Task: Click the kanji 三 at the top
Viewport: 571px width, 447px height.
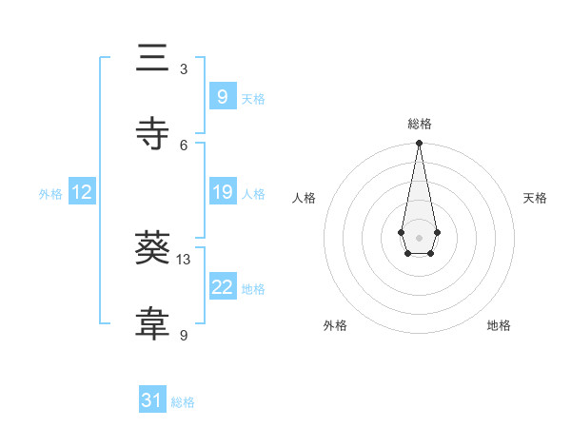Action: pos(153,60)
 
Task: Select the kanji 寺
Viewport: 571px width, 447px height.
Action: pos(153,133)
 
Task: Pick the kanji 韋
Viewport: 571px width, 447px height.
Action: pos(153,324)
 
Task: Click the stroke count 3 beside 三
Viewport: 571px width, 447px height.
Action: pos(184,69)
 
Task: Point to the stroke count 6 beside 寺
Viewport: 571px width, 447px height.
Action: pos(184,144)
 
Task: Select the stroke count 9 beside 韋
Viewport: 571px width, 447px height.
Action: pos(184,335)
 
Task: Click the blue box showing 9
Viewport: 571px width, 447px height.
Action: pos(222,97)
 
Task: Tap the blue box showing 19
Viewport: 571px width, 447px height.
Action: pos(222,192)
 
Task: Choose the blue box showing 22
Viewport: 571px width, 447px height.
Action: pos(222,287)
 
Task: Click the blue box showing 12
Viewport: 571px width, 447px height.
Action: pos(82,192)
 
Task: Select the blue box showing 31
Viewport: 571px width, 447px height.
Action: pos(152,401)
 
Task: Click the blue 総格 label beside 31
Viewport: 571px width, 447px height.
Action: pos(183,402)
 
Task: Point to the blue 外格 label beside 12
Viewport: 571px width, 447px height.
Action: pos(50,193)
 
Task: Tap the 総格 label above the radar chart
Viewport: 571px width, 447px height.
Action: pos(420,125)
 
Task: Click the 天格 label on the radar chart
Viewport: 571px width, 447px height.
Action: pos(536,198)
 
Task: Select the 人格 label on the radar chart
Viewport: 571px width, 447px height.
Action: pos(304,198)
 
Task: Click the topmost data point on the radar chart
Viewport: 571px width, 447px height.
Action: pos(419,143)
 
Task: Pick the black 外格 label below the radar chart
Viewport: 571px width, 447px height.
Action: pos(335,326)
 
